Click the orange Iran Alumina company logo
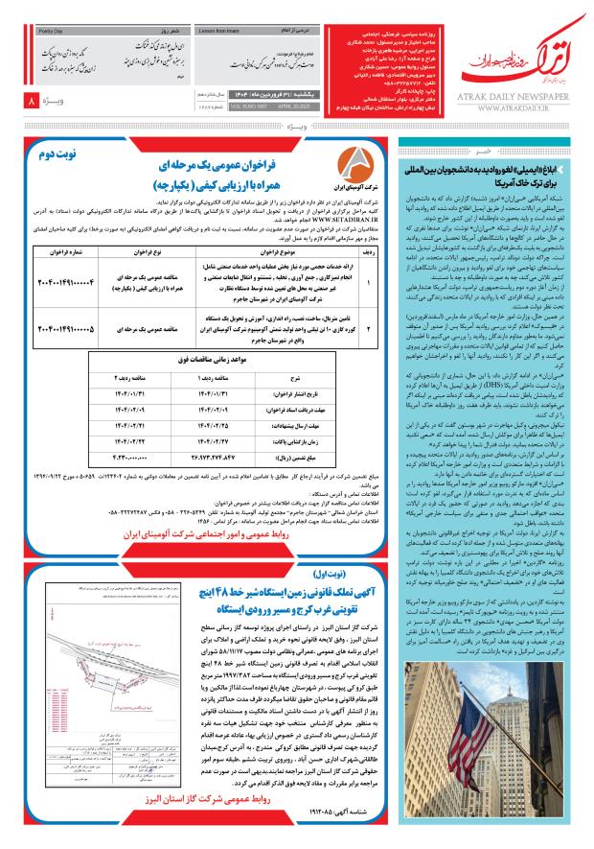[x=354, y=167]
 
